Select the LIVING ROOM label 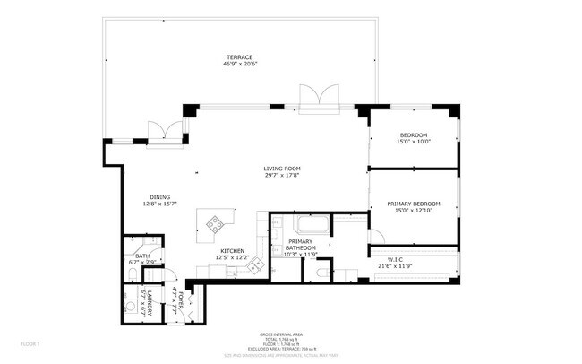point(281,169)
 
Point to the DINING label point(160,197)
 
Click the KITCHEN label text point(233,251)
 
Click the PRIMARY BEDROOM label point(413,204)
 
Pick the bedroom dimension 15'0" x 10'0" point(414,143)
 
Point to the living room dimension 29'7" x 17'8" point(281,177)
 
